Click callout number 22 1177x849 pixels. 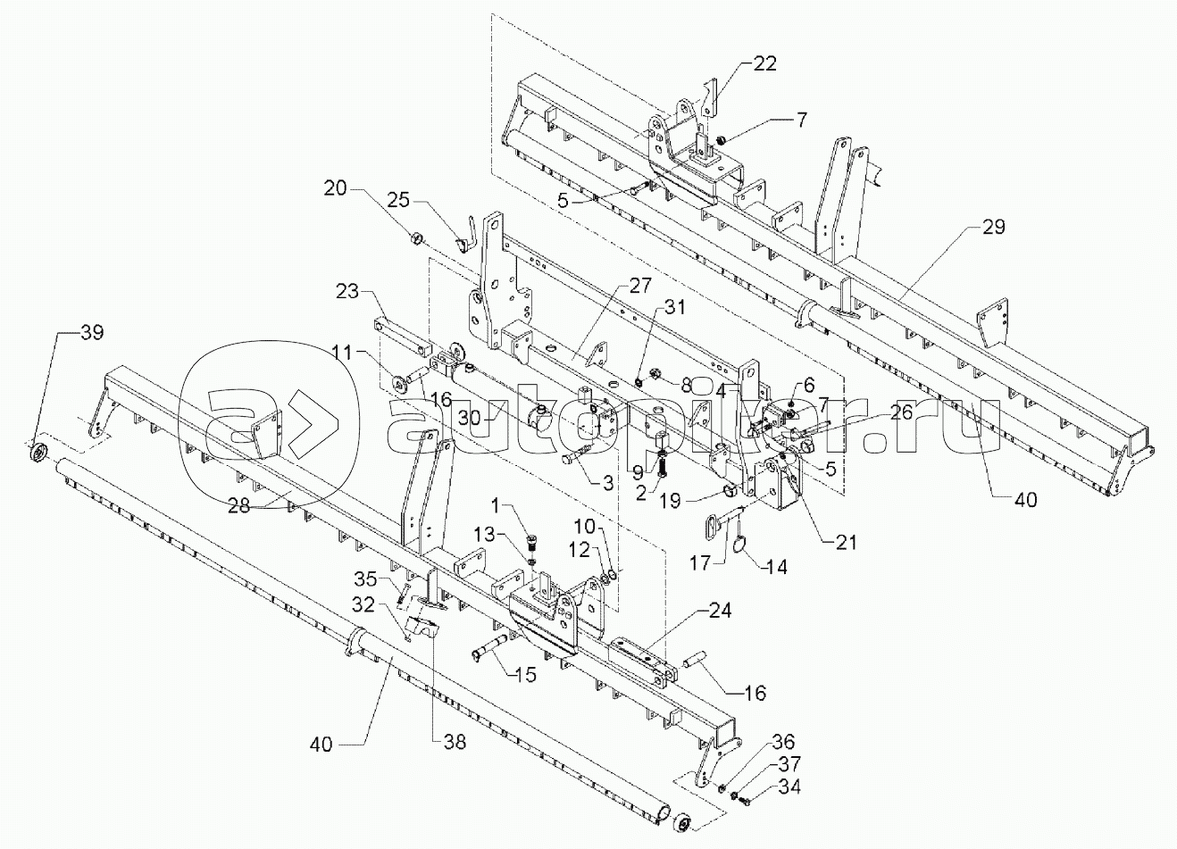point(764,63)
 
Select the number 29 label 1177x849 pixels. point(993,228)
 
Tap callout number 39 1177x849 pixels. point(91,333)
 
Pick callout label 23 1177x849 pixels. point(348,290)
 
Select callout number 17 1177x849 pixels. point(702,564)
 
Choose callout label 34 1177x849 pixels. point(789,787)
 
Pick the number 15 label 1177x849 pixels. point(525,676)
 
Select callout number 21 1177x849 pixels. point(845,542)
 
